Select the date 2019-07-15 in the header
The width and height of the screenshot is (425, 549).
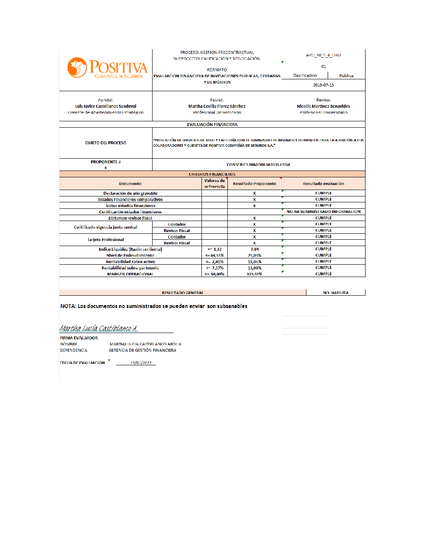(x=323, y=85)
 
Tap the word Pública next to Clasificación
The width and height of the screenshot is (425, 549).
(x=346, y=76)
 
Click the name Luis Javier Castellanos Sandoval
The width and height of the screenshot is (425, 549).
(x=106, y=106)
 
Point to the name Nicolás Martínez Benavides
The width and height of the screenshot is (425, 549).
(x=323, y=106)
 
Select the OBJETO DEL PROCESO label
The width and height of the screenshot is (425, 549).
(x=105, y=143)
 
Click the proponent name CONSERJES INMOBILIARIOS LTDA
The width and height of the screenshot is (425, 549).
(x=258, y=165)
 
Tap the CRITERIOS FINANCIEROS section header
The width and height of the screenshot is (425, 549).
(x=212, y=174)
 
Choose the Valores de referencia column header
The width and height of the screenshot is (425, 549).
(x=215, y=184)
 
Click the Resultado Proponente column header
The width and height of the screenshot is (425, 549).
(x=255, y=184)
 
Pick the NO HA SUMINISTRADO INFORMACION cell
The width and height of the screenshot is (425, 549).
(x=323, y=212)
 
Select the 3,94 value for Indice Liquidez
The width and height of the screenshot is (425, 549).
(x=255, y=249)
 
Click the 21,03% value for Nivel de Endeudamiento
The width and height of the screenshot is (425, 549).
(x=255, y=255)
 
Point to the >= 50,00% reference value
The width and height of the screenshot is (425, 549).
(x=215, y=274)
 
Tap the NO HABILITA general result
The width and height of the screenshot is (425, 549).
(x=335, y=293)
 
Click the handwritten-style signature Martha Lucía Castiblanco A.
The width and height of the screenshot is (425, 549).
(x=99, y=328)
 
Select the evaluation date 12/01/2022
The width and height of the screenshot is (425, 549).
(x=141, y=363)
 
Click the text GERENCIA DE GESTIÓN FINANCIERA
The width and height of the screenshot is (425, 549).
(x=142, y=350)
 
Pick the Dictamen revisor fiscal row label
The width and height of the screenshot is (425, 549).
(x=130, y=218)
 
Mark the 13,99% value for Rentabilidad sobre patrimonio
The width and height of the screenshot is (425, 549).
(x=255, y=268)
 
